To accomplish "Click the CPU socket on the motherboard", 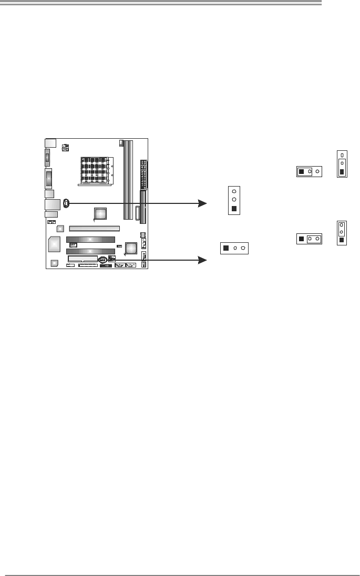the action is tap(95, 171).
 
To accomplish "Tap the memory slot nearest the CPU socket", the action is tap(126, 179).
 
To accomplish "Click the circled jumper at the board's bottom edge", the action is tap(103, 260).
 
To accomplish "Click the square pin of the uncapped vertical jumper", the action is tap(234, 209).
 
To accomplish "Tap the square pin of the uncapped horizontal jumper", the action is tap(225, 248).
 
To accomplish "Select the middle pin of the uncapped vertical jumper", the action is tap(234, 200).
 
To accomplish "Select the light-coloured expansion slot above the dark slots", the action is tap(95, 229).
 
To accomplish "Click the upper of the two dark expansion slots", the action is tap(90, 239).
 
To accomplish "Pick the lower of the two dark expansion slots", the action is tap(90, 251).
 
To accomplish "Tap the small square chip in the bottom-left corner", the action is tap(54, 263).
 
